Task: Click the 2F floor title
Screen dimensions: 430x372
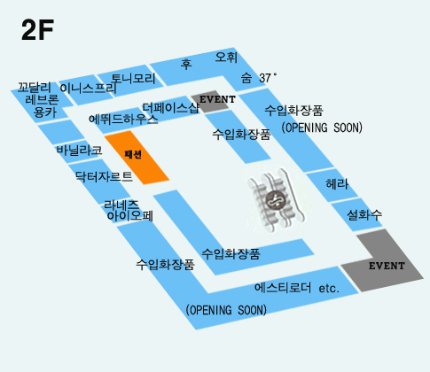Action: coord(37,30)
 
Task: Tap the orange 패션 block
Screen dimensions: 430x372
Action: coord(137,157)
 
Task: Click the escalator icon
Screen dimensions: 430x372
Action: coord(276,200)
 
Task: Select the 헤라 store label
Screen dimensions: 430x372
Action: coord(337,184)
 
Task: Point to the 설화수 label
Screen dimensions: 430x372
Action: coord(364,214)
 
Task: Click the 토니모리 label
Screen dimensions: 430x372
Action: coord(133,79)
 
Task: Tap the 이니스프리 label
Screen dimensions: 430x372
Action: coord(88,89)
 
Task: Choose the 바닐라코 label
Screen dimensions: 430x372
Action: coord(80,151)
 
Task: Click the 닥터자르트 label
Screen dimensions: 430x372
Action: coord(104,176)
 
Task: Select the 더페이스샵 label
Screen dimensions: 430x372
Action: coord(171,108)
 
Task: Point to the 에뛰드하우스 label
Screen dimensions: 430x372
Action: coord(123,120)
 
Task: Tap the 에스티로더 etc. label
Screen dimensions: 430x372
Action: coord(297,288)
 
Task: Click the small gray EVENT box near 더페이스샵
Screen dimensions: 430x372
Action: coord(210,101)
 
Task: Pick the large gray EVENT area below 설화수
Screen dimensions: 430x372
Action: coord(384,263)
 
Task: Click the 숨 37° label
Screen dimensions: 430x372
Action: coord(259,78)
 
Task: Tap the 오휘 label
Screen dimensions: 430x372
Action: coord(226,57)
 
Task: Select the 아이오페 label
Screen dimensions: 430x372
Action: coord(130,216)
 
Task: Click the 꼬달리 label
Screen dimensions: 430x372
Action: coord(35,88)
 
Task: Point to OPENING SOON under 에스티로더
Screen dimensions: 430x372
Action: coord(226,310)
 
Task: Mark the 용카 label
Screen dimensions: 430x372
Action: coord(45,112)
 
